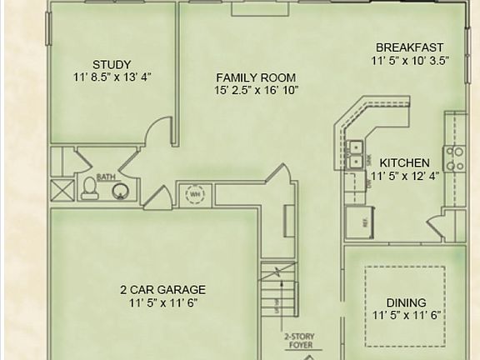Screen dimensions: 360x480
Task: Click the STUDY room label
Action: [111, 64]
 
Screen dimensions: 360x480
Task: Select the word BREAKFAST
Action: [409, 47]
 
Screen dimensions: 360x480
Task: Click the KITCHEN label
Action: [404, 162]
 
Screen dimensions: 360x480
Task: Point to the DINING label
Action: [406, 302]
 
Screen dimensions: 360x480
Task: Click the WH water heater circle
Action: [195, 194]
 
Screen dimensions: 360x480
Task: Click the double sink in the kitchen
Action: [356, 153]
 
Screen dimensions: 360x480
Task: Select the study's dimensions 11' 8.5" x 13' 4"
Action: [112, 77]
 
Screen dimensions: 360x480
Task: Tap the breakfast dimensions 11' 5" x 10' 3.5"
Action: [409, 61]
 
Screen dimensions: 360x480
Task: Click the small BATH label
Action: [105, 177]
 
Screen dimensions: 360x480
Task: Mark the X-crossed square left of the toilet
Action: [62, 188]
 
